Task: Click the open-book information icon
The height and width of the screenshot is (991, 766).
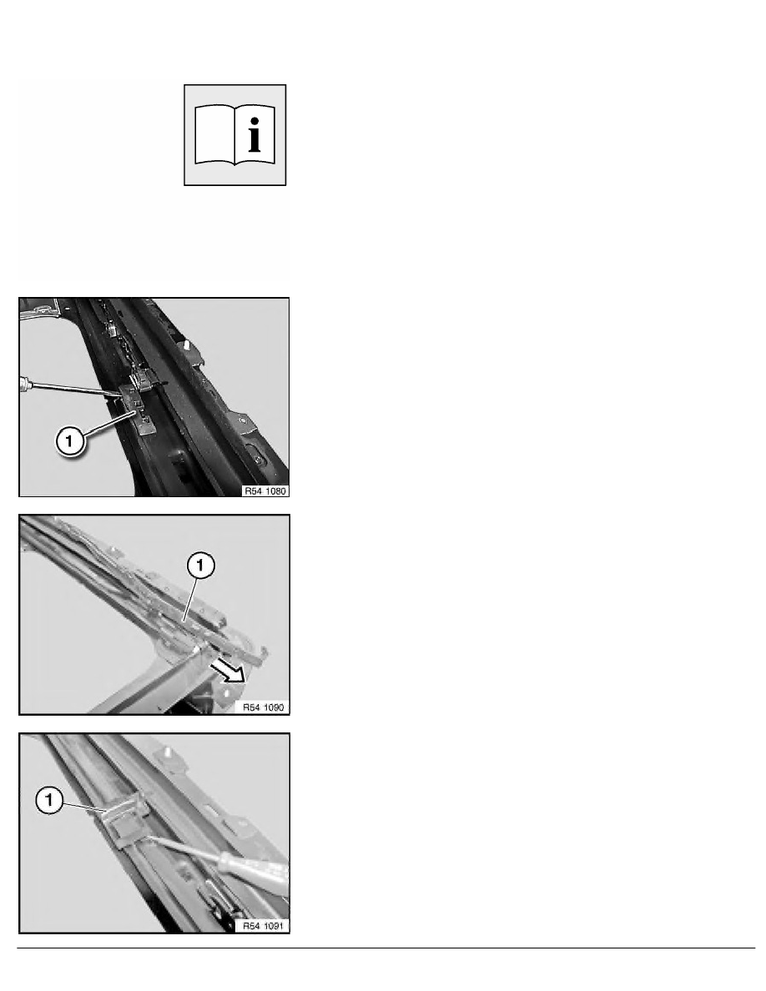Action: click(x=234, y=134)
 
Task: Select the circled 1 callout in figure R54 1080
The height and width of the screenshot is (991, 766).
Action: click(x=69, y=440)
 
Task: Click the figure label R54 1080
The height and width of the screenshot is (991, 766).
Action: click(x=265, y=491)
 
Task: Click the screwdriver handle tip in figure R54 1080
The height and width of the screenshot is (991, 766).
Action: click(x=23, y=383)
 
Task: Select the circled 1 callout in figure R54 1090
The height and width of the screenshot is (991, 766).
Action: click(x=201, y=565)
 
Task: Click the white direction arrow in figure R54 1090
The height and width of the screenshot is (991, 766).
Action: click(x=227, y=672)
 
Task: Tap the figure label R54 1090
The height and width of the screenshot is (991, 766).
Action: click(x=264, y=707)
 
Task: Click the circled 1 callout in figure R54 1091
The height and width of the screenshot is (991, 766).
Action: click(x=49, y=801)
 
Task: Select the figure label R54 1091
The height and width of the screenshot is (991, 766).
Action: click(x=264, y=926)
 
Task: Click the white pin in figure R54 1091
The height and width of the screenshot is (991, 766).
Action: click(x=168, y=754)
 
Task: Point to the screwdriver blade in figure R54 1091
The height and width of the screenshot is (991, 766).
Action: click(x=184, y=848)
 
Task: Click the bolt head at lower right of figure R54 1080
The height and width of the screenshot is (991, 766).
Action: click(x=258, y=458)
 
